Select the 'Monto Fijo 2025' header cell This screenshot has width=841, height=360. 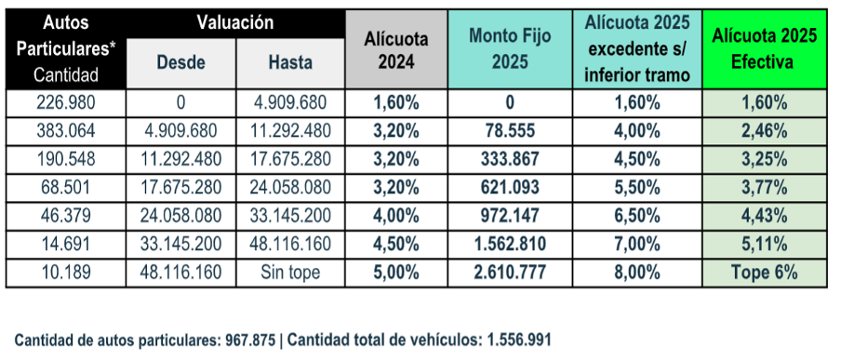(504, 50)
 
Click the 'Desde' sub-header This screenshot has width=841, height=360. (180, 63)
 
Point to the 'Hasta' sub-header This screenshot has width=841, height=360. (289, 63)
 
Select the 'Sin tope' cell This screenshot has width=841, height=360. (289, 273)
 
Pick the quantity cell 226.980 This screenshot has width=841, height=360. (64, 103)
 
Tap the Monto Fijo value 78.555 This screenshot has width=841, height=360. (504, 131)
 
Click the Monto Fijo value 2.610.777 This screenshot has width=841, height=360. (504, 273)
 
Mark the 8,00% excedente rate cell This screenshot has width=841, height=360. (637, 273)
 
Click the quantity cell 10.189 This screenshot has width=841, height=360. (64, 273)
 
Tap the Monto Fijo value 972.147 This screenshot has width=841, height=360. (504, 217)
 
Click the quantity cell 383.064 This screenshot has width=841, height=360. (64, 131)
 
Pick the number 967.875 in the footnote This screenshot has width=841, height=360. (250, 340)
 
